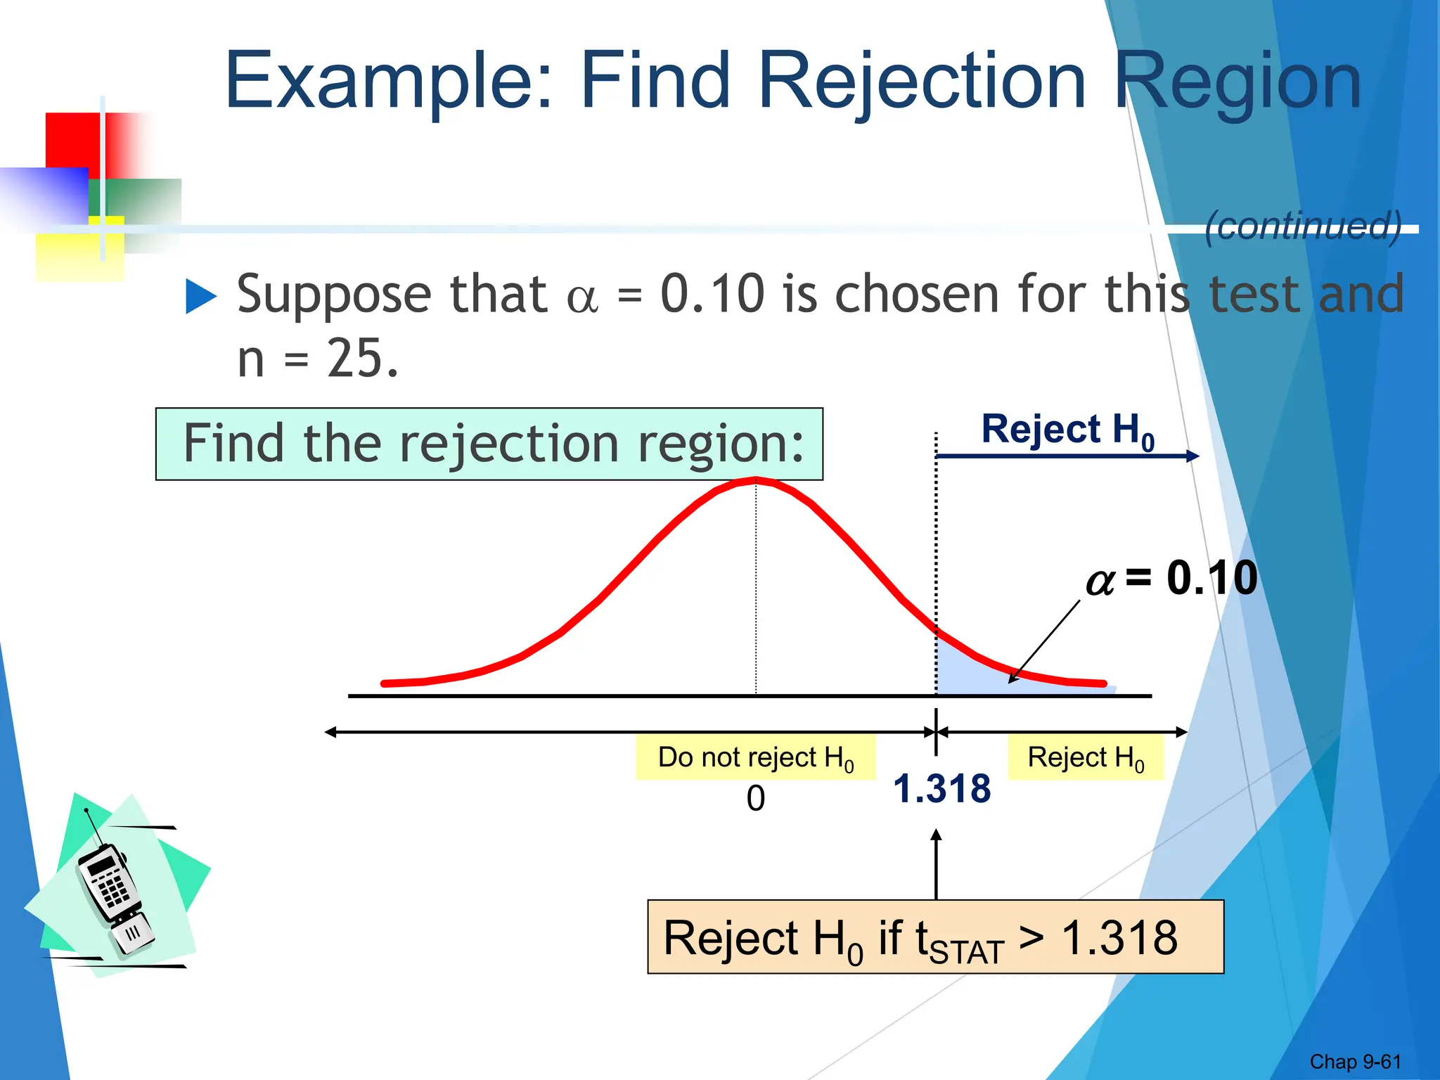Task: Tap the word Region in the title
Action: coord(1237,82)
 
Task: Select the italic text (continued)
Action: coord(1302,226)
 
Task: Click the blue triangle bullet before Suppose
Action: coord(201,297)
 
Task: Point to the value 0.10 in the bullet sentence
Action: coord(712,294)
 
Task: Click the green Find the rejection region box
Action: coord(489,444)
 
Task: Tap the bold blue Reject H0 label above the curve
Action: coord(1067,430)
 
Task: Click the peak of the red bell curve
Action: coord(756,480)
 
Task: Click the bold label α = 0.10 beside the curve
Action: coord(1171,579)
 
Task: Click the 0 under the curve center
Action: coord(756,799)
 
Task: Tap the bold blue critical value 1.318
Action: coord(941,788)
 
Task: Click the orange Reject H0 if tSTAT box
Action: coord(935,937)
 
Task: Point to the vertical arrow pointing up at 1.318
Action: coord(936,865)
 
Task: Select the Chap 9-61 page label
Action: coord(1355,1061)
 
